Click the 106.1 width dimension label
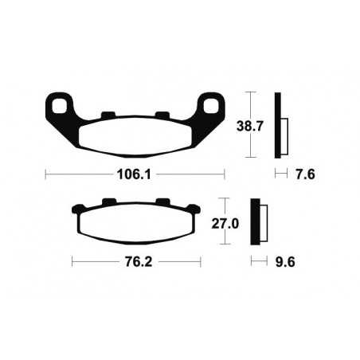tap(135, 174)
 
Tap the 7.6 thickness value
tap(306, 174)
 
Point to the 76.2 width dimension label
tap(135, 260)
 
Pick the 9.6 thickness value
tap(284, 260)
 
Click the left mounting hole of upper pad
tap(59, 104)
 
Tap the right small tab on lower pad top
tap(161, 202)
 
